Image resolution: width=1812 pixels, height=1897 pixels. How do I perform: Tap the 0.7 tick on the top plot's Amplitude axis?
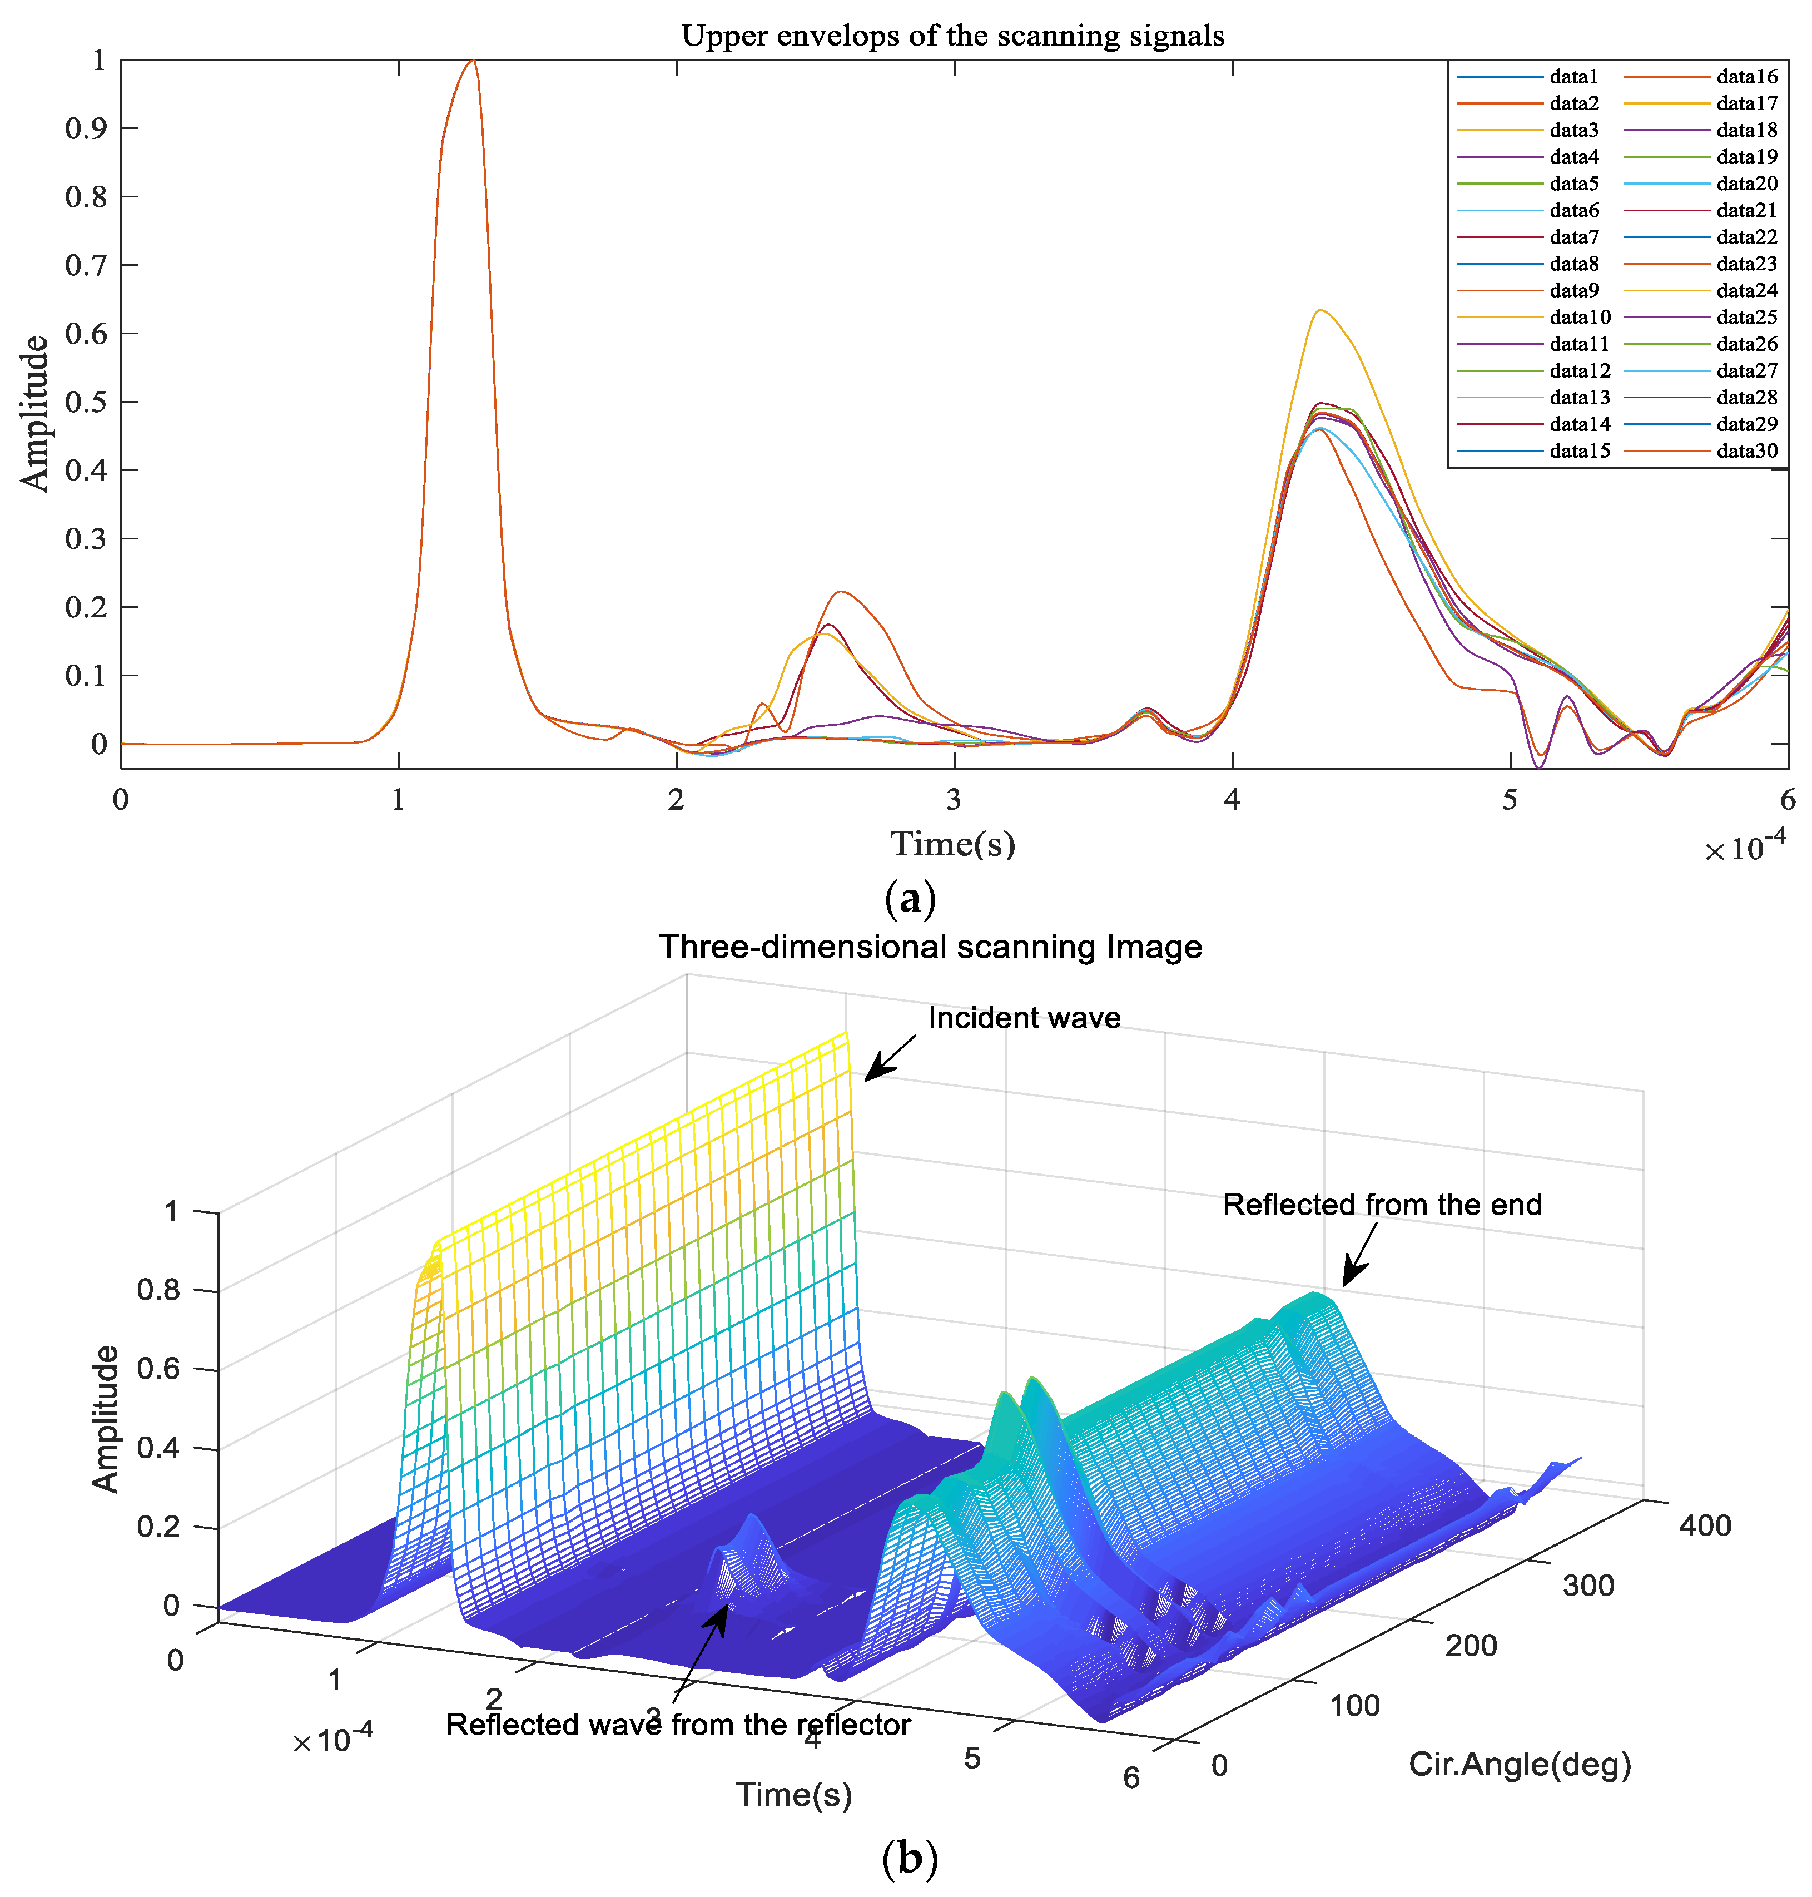click(x=87, y=265)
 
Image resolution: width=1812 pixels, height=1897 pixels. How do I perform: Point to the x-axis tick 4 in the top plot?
click(x=1232, y=800)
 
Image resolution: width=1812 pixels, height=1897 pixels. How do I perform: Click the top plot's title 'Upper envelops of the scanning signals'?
click(x=952, y=36)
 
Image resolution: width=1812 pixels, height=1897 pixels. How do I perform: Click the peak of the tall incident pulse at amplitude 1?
click(x=471, y=61)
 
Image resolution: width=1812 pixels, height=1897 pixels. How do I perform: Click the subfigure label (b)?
click(x=909, y=1858)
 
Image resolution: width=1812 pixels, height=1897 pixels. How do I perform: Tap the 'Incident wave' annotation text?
click(x=1024, y=1018)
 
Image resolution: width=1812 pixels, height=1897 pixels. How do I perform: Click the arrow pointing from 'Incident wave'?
click(x=888, y=1058)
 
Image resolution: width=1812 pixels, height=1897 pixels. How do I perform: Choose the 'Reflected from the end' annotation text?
click(x=1381, y=1205)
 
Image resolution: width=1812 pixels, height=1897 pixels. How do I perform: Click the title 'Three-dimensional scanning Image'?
click(x=930, y=947)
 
